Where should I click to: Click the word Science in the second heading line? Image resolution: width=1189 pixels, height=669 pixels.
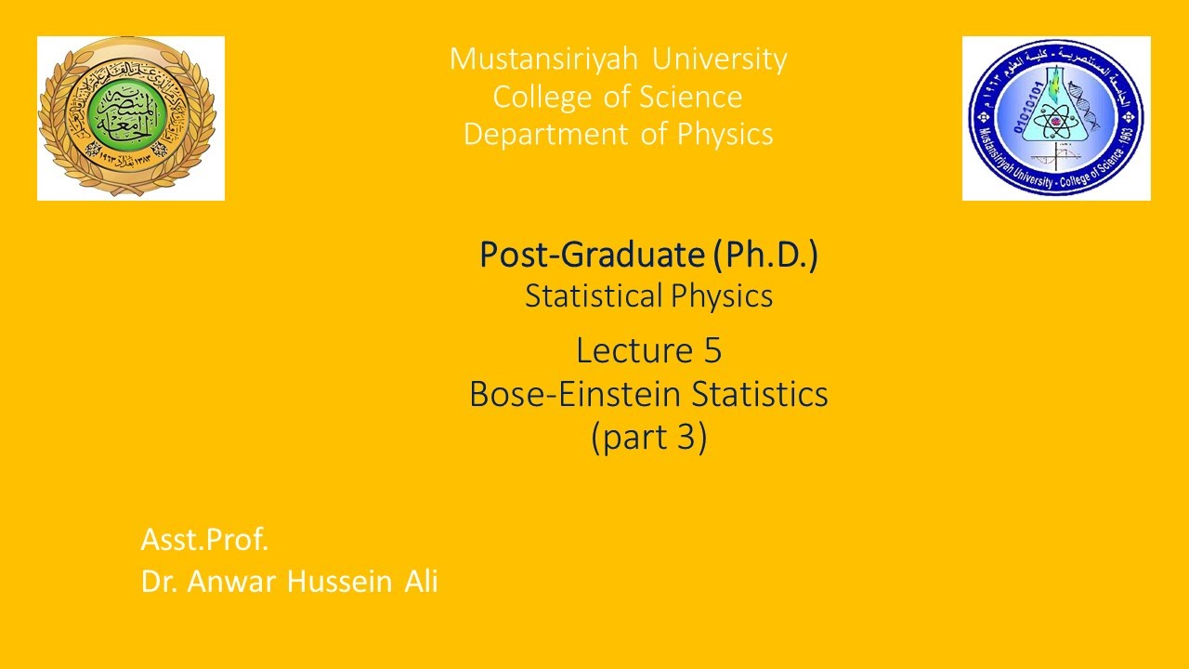[x=697, y=98]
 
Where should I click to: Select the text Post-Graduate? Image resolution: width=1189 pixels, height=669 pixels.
[x=592, y=255]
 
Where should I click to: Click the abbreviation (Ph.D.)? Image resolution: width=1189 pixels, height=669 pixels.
[x=766, y=255]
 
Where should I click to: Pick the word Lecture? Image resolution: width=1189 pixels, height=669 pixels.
[x=632, y=351]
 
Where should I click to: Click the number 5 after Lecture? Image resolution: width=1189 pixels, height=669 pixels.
[x=712, y=351]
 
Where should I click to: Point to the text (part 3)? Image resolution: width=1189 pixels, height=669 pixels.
[x=648, y=437]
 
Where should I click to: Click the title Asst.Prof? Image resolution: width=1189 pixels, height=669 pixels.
[x=204, y=539]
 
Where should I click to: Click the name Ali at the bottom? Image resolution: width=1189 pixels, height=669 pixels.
[x=421, y=582]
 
